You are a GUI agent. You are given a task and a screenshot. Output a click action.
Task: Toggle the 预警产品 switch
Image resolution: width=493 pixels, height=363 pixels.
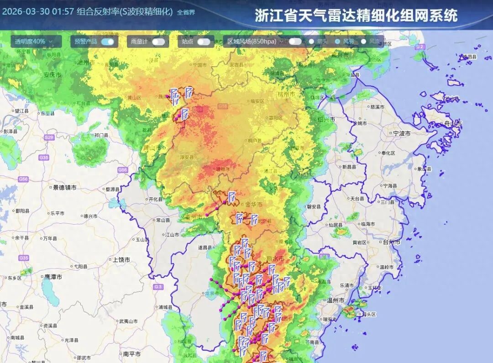pyautogui.click(x=108, y=42)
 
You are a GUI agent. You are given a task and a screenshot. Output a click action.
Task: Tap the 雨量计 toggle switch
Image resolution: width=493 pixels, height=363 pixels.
pyautogui.click(x=158, y=42)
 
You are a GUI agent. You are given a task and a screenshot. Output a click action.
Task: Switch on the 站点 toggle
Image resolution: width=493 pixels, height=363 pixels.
pyautogui.click(x=204, y=42)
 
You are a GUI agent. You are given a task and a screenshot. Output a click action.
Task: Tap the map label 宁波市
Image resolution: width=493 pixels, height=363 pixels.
pyautogui.click(x=401, y=133)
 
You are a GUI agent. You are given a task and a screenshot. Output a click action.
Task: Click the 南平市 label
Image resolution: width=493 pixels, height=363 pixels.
pyautogui.click(x=131, y=354)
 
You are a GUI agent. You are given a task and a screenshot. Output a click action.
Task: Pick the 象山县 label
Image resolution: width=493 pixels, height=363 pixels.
pyautogui.click(x=425, y=169)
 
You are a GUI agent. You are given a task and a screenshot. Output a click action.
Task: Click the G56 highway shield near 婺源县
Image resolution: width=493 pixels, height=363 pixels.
pyautogui.click(x=122, y=170)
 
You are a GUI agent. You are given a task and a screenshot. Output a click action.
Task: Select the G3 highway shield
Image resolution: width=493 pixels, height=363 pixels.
pyautogui.click(x=158, y=287)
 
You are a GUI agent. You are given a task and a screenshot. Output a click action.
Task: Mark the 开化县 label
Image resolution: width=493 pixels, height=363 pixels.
pyautogui.click(x=156, y=199)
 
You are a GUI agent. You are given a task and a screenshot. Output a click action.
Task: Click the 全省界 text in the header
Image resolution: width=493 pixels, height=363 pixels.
pyautogui.click(x=186, y=12)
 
